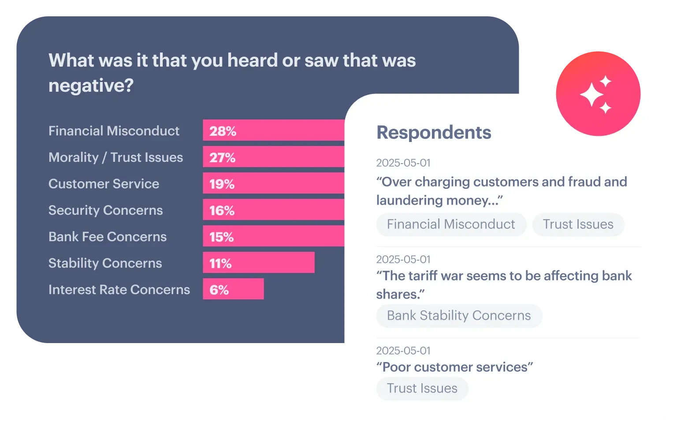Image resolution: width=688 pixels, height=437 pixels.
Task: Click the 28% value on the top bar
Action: click(223, 131)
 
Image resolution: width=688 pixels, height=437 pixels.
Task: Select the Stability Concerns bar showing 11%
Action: click(259, 263)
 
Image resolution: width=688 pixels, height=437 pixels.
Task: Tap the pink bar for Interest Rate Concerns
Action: click(233, 289)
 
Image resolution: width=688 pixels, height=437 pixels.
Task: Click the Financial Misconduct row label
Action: click(114, 131)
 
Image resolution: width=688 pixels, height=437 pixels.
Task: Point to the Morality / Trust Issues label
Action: click(115, 157)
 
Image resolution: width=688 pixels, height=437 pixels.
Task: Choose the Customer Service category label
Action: click(104, 184)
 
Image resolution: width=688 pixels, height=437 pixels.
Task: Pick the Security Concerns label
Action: click(105, 210)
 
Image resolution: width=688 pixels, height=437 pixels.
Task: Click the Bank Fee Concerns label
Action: click(108, 237)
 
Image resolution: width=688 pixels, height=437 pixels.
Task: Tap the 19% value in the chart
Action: click(222, 184)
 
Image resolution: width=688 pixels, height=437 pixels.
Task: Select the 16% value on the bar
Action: click(222, 210)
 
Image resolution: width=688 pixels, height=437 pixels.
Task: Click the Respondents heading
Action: click(434, 132)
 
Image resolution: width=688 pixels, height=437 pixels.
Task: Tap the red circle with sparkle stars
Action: click(598, 93)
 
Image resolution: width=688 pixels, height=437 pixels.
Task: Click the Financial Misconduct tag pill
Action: click(451, 224)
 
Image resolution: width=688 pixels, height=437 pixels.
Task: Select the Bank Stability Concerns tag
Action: click(459, 316)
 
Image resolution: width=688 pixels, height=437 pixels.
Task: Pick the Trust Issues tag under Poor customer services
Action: click(422, 388)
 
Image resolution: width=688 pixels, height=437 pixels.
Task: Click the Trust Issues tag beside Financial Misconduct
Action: click(578, 224)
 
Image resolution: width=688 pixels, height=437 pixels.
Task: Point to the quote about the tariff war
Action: click(503, 285)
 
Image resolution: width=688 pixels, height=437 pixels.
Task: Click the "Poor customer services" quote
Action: click(454, 367)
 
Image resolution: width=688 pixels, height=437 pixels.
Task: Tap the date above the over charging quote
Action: click(403, 163)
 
